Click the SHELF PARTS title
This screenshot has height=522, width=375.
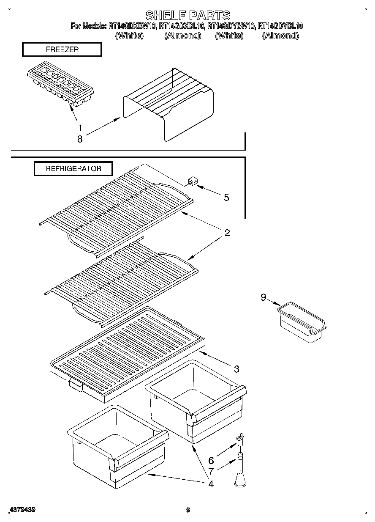point(187,16)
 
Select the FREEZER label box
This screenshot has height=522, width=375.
point(62,49)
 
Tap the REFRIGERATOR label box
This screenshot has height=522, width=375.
point(73,168)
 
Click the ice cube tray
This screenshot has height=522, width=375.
point(60,87)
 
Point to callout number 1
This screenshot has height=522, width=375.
point(79,127)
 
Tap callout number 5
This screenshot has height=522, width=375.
point(227,197)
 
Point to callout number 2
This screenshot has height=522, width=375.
point(227,233)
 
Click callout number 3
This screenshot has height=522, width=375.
point(236,369)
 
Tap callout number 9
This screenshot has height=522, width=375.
point(264,298)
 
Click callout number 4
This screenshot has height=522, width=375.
point(211,484)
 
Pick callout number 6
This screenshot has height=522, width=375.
point(211,461)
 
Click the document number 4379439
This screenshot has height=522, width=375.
point(21,510)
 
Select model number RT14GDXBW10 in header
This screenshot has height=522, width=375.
point(132,26)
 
